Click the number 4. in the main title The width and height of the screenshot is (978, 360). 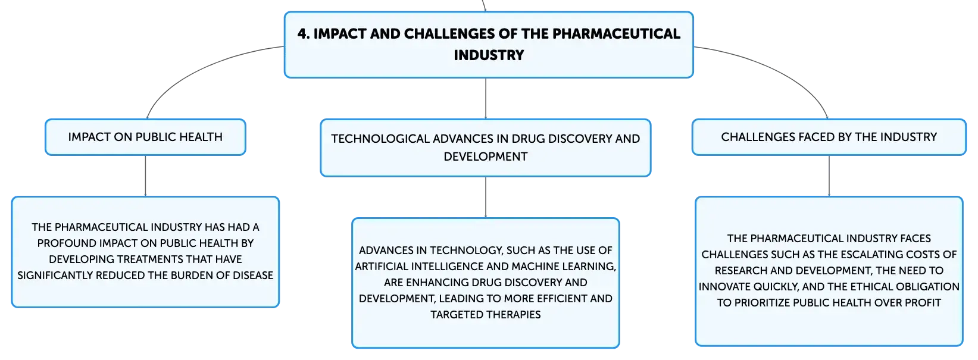point(304,33)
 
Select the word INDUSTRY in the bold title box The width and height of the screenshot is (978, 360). point(489,55)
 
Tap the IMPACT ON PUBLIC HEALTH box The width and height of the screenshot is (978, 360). point(145,137)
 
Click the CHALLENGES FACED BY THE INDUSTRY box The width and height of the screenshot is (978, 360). point(829,137)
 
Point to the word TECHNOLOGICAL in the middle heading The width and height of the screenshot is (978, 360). point(380,139)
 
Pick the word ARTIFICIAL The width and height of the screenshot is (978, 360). point(382,266)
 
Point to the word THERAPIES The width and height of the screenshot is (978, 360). point(513,315)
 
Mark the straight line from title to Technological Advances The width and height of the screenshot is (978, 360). point(486,98)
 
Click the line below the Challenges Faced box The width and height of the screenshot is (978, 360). point(829,176)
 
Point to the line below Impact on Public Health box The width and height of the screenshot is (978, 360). point(145,176)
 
